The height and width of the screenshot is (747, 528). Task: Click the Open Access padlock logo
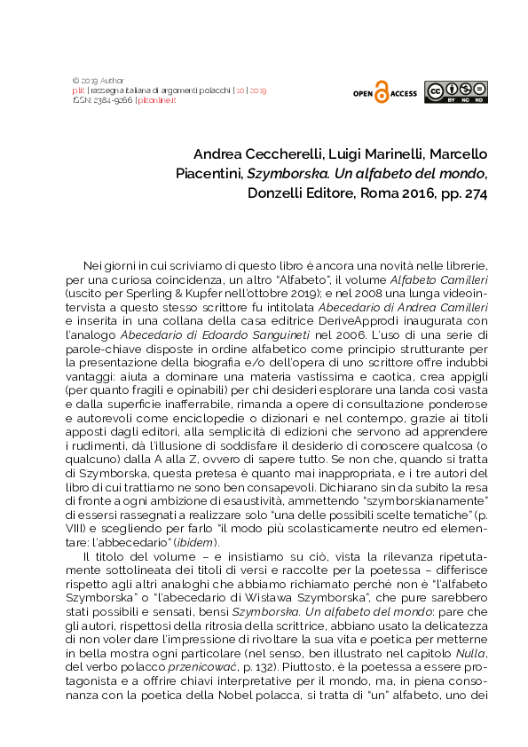382,91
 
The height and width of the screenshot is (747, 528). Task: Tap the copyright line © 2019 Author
98,80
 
